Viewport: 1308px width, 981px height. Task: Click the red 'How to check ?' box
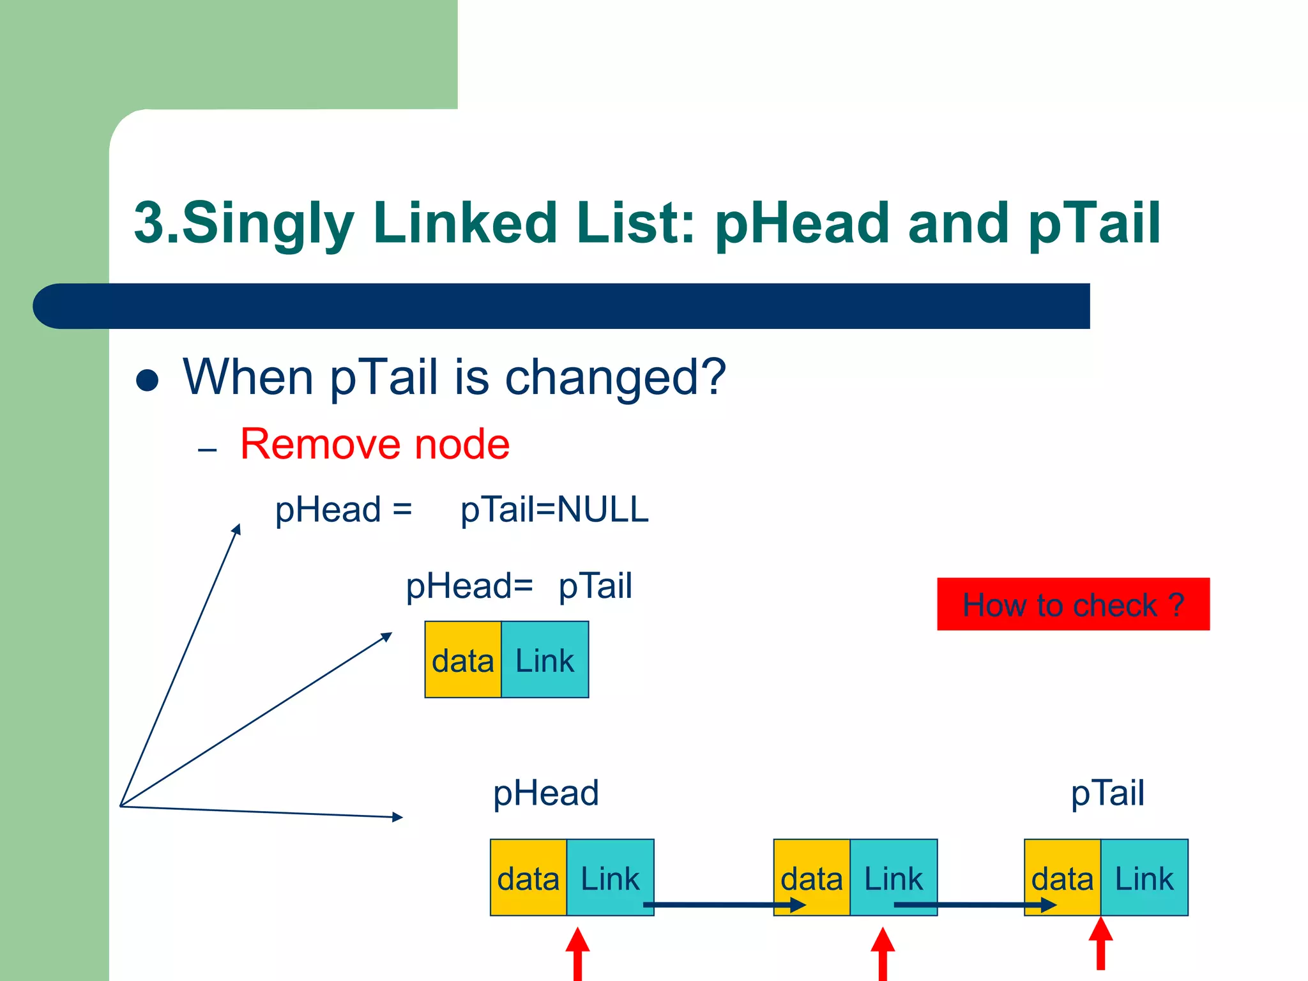pos(1073,604)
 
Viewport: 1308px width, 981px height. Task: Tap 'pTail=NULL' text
pos(554,510)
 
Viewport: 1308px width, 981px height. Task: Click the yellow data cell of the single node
pos(463,660)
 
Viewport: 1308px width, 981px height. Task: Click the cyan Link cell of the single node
pos(545,660)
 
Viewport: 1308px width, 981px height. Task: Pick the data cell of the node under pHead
pos(528,878)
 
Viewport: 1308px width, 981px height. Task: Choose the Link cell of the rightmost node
pos(1144,878)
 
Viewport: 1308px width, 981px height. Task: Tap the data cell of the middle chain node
pos(811,878)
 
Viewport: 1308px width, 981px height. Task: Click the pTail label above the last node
pos(1107,793)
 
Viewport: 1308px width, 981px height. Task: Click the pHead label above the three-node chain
pos(546,793)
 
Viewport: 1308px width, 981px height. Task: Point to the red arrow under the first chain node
pos(577,954)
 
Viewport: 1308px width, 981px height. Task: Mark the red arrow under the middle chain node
pos(883,954)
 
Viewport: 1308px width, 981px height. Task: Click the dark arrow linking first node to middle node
pos(722,904)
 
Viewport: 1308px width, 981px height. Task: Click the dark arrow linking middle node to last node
pos(974,904)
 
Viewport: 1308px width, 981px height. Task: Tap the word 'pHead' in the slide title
pos(802,224)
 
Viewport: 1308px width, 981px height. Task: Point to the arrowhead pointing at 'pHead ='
pos(237,529)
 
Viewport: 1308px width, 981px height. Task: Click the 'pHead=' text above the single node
pos(469,586)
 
